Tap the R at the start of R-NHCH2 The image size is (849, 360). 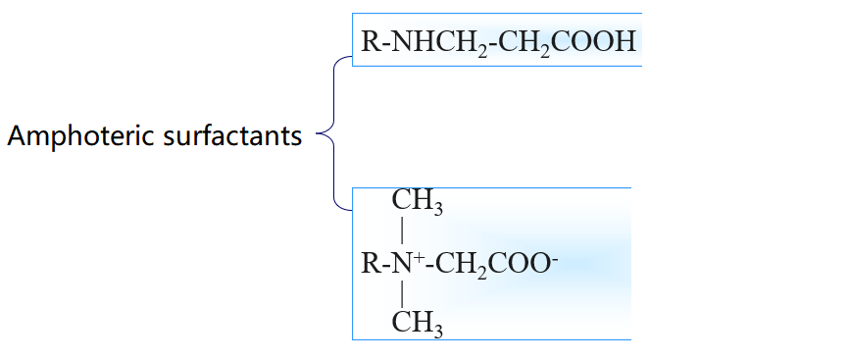pos(370,42)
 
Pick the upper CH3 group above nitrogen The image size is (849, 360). pos(417,201)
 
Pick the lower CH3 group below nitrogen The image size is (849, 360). pos(417,322)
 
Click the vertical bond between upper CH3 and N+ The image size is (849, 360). pos(402,232)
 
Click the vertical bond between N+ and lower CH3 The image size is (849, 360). pos(402,292)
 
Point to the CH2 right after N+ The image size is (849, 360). pos(459,264)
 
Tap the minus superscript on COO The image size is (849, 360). pos(555,257)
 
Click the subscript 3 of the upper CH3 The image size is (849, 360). pos(437,208)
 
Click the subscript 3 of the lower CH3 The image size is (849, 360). pos(437,329)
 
